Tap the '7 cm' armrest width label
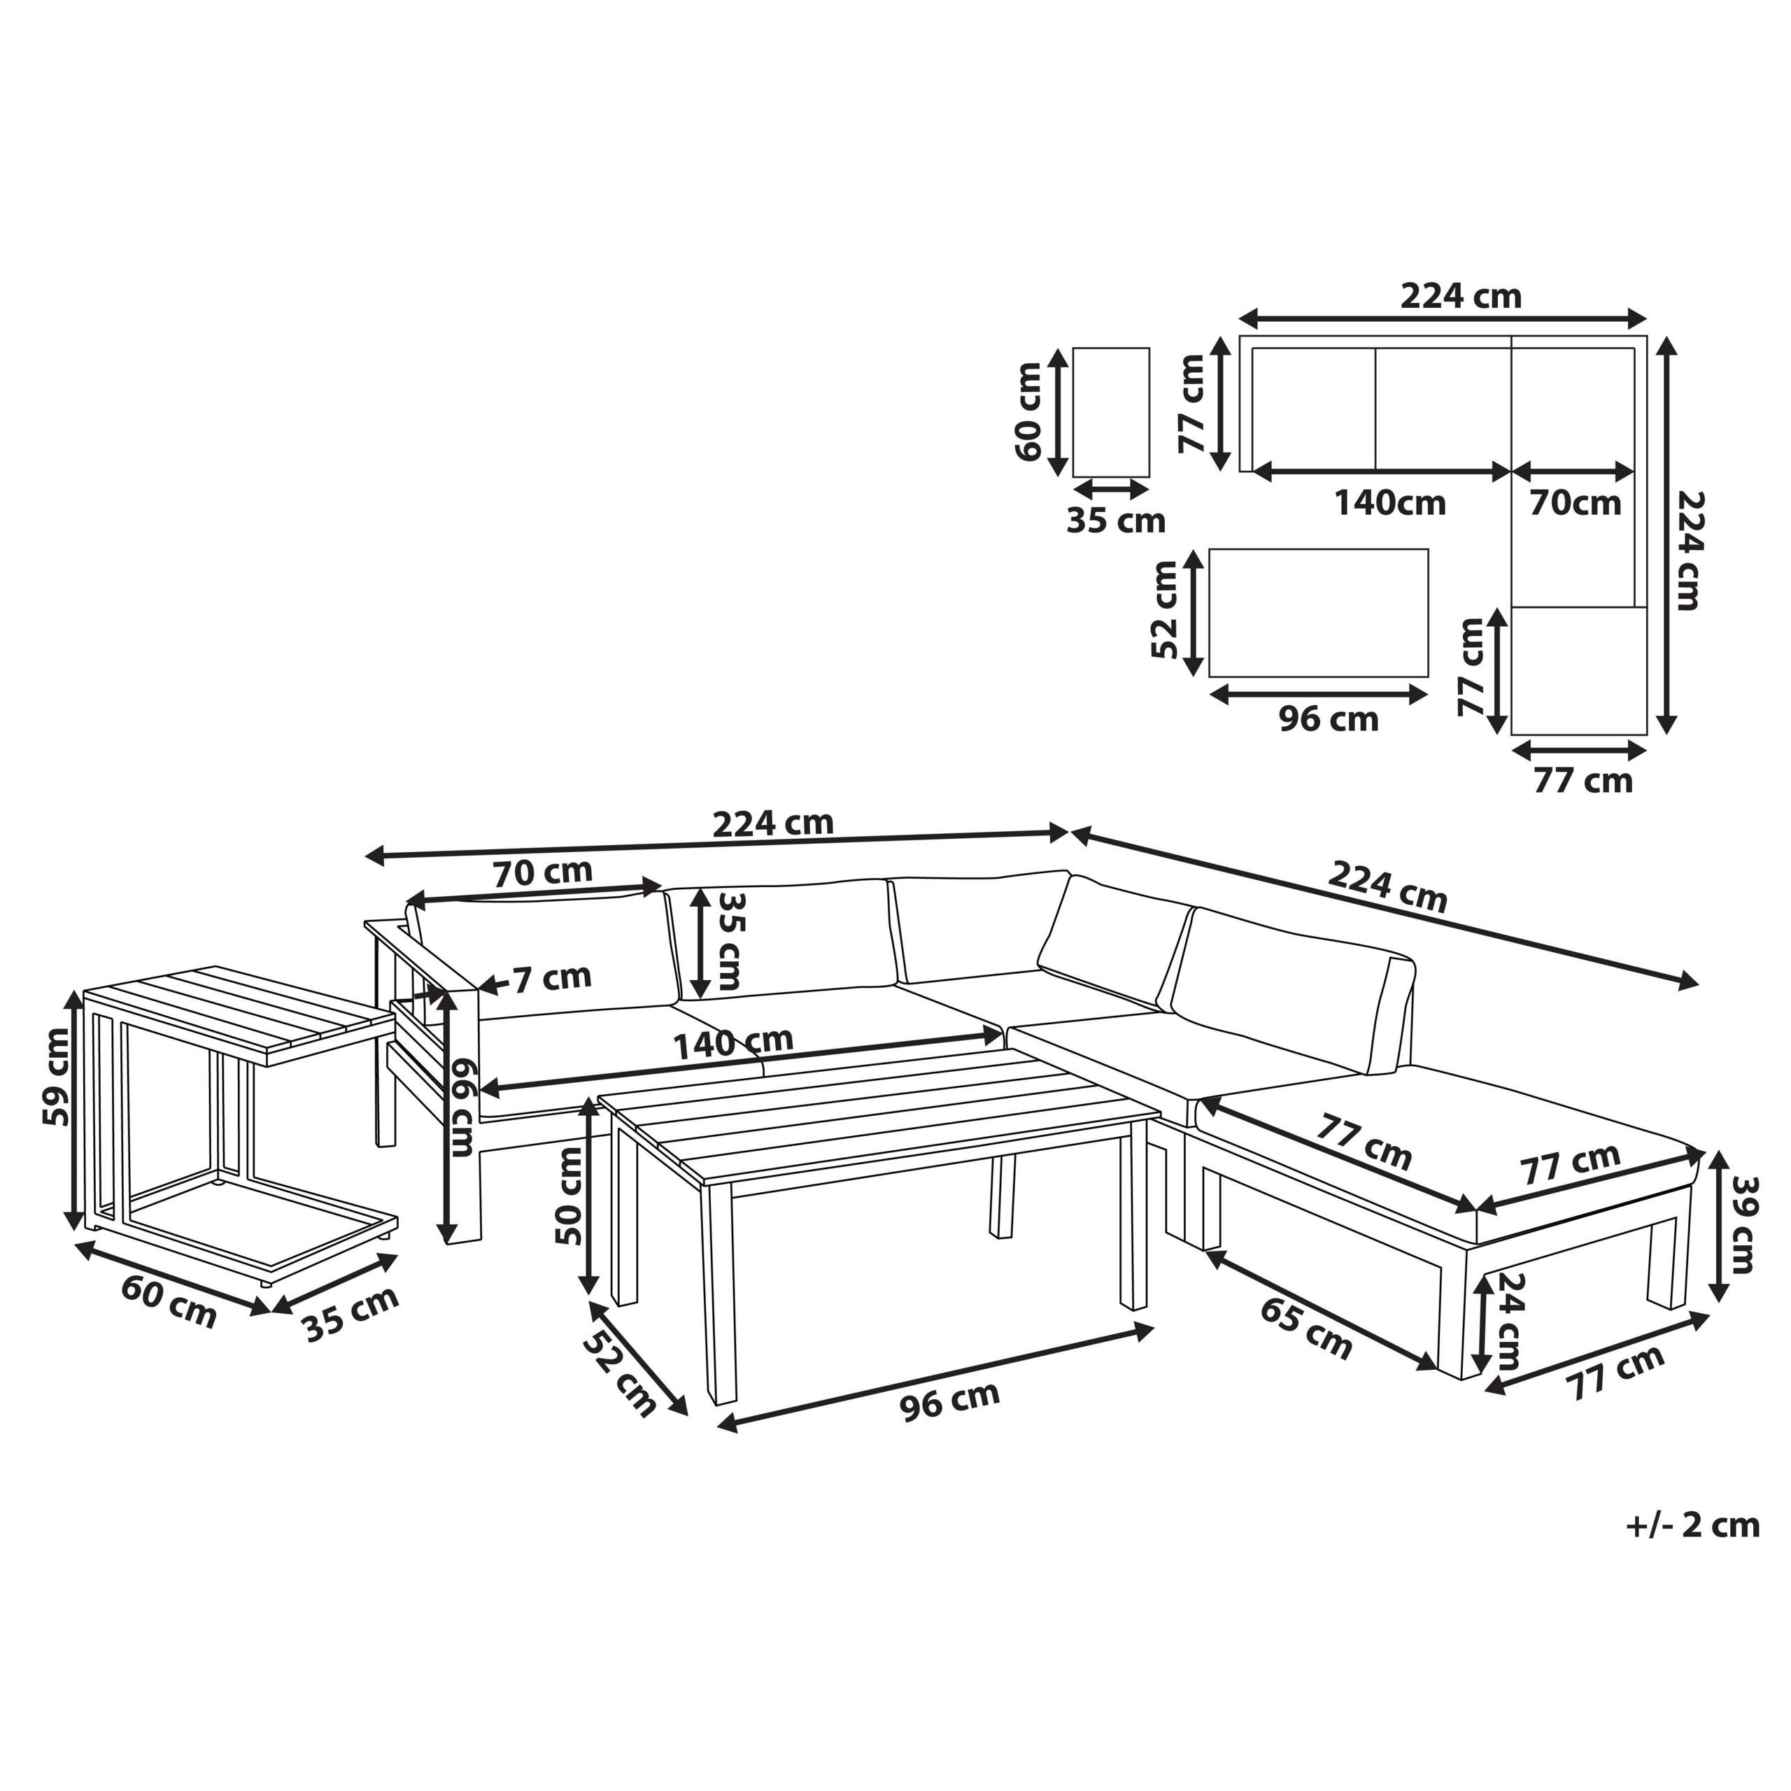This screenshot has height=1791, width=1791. pos(553,977)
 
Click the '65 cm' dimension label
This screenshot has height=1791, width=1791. pos(1305,1327)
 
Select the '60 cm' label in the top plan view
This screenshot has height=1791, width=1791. pos(1029,413)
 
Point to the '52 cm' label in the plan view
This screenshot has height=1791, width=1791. pos(1164,610)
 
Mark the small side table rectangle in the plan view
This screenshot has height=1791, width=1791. pos(1110,413)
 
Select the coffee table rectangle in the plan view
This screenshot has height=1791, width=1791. pos(1318,613)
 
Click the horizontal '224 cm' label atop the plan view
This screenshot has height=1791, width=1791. pos(1460,296)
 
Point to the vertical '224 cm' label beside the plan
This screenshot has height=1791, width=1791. pos(1691,550)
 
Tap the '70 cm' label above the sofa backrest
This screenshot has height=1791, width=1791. pos(542,872)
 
